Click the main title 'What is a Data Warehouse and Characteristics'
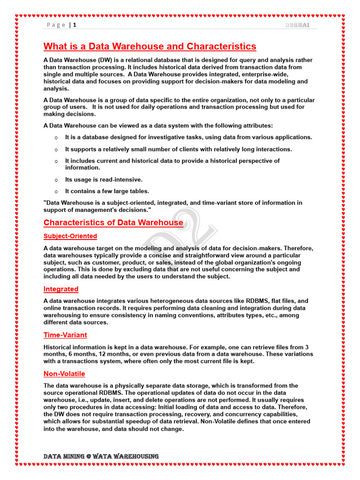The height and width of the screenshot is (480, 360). click(150, 46)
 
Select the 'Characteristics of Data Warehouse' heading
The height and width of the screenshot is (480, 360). click(113, 223)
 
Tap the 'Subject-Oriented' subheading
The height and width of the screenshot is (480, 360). click(70, 236)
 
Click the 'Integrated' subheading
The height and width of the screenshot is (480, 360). click(61, 289)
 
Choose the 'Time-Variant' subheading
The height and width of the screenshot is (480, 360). click(65, 335)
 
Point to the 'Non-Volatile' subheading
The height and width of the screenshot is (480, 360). click(64, 374)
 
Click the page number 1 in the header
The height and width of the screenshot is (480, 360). click(74, 25)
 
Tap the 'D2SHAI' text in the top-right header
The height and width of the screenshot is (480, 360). click(297, 25)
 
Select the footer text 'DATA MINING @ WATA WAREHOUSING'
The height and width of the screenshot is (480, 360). click(101, 456)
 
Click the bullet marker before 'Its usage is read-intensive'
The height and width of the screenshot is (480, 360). click(56, 180)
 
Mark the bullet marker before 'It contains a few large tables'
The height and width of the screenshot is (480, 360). click(56, 192)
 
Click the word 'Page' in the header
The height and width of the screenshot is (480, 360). click(56, 25)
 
